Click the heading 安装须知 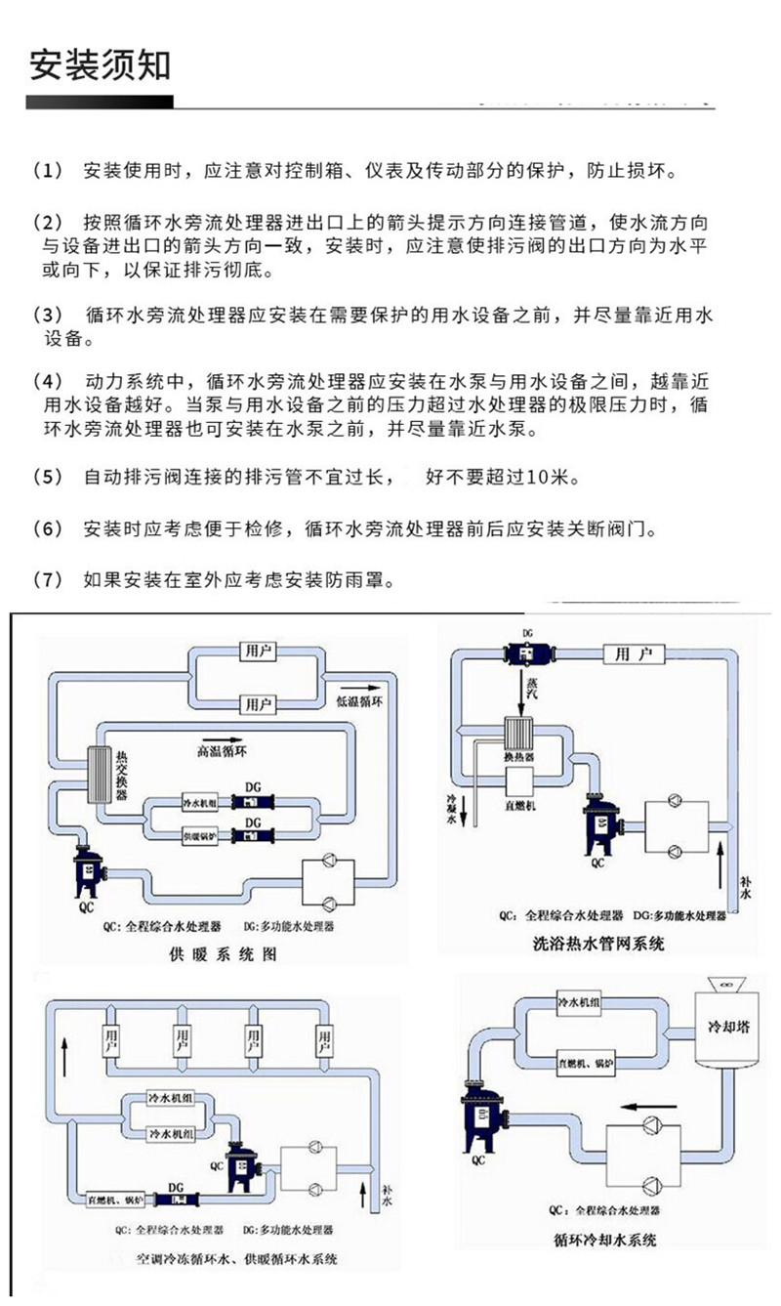102,64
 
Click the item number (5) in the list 48,479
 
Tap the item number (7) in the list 48,580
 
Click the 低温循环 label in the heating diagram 359,701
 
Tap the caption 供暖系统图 217,952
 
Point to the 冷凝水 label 452,807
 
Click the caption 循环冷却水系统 606,1242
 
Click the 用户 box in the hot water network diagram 634,653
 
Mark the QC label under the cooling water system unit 477,1161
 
